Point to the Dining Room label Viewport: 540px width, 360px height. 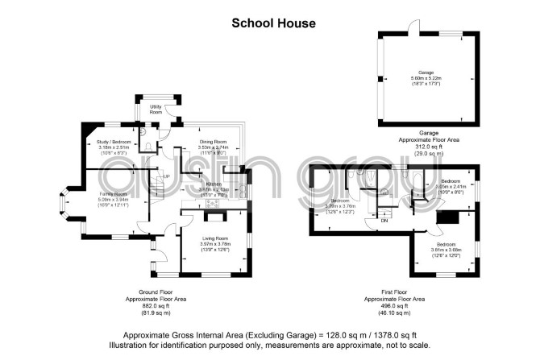(x=214, y=142)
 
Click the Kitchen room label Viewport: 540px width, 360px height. (x=214, y=184)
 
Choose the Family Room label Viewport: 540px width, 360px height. (x=113, y=194)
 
